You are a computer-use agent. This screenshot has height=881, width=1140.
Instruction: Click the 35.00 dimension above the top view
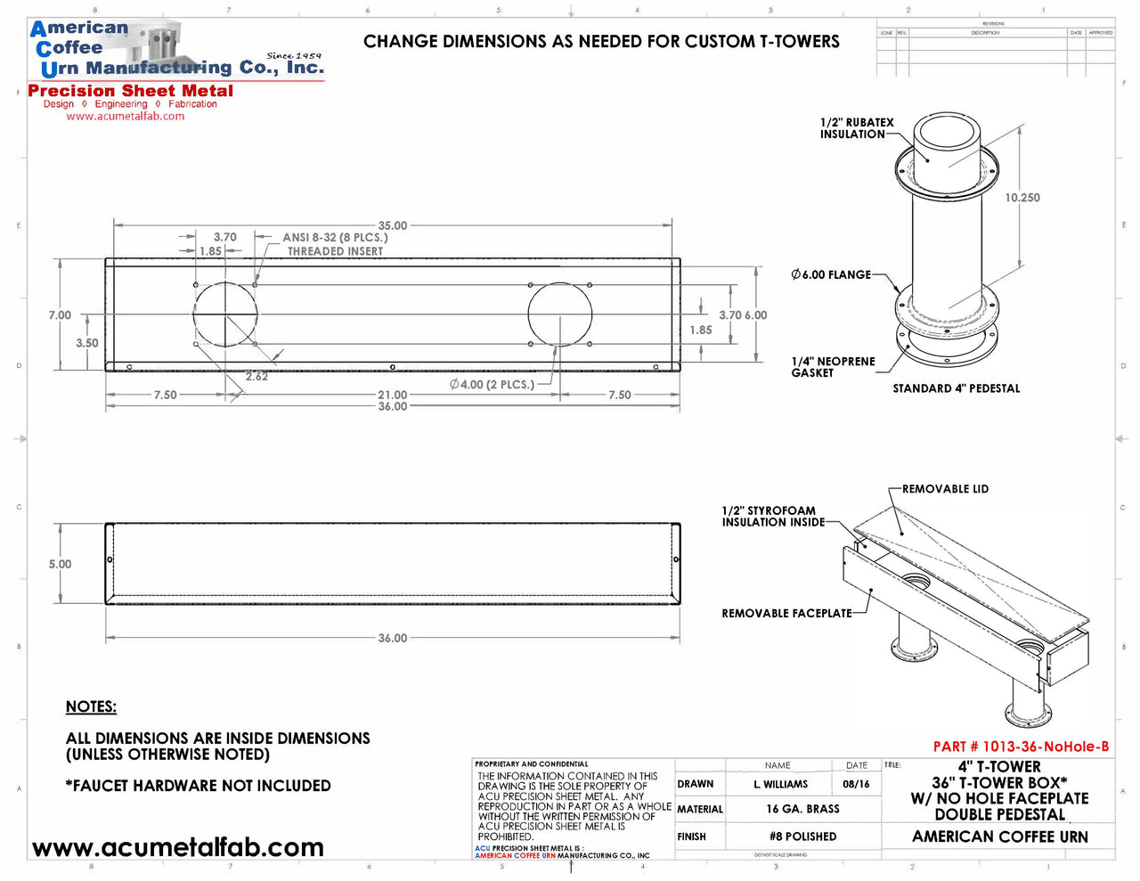(x=392, y=226)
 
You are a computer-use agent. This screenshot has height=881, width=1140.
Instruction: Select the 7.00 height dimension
(x=60, y=315)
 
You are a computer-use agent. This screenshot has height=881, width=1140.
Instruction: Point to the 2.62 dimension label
(x=256, y=377)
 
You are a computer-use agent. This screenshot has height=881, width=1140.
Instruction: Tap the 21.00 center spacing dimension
(x=392, y=395)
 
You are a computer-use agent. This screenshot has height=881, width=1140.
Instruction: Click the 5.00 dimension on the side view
(x=60, y=564)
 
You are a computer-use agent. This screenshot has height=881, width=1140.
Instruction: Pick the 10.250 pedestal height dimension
(x=1022, y=198)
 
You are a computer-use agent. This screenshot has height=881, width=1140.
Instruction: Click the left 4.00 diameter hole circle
(x=225, y=314)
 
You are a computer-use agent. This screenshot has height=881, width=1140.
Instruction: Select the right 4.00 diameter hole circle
(x=559, y=314)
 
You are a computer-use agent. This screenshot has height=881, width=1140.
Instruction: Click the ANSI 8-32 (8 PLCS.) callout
(x=335, y=238)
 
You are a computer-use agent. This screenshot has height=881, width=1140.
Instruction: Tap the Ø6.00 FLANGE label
(x=831, y=274)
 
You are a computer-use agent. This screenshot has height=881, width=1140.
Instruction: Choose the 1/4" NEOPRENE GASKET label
(x=833, y=367)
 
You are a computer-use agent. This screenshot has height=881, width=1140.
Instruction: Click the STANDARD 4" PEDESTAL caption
(x=956, y=388)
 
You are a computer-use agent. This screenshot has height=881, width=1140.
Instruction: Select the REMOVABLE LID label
(x=945, y=489)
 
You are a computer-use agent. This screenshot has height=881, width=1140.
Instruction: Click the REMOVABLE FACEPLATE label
(x=786, y=613)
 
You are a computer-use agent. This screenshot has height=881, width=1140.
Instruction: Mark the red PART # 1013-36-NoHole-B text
(x=1021, y=746)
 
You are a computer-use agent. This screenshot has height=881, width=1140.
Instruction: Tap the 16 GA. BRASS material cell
(x=802, y=809)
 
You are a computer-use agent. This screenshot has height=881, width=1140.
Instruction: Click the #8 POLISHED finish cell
(x=802, y=836)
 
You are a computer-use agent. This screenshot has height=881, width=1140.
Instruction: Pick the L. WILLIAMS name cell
(x=780, y=784)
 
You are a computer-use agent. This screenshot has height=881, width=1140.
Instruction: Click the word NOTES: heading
(x=91, y=706)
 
